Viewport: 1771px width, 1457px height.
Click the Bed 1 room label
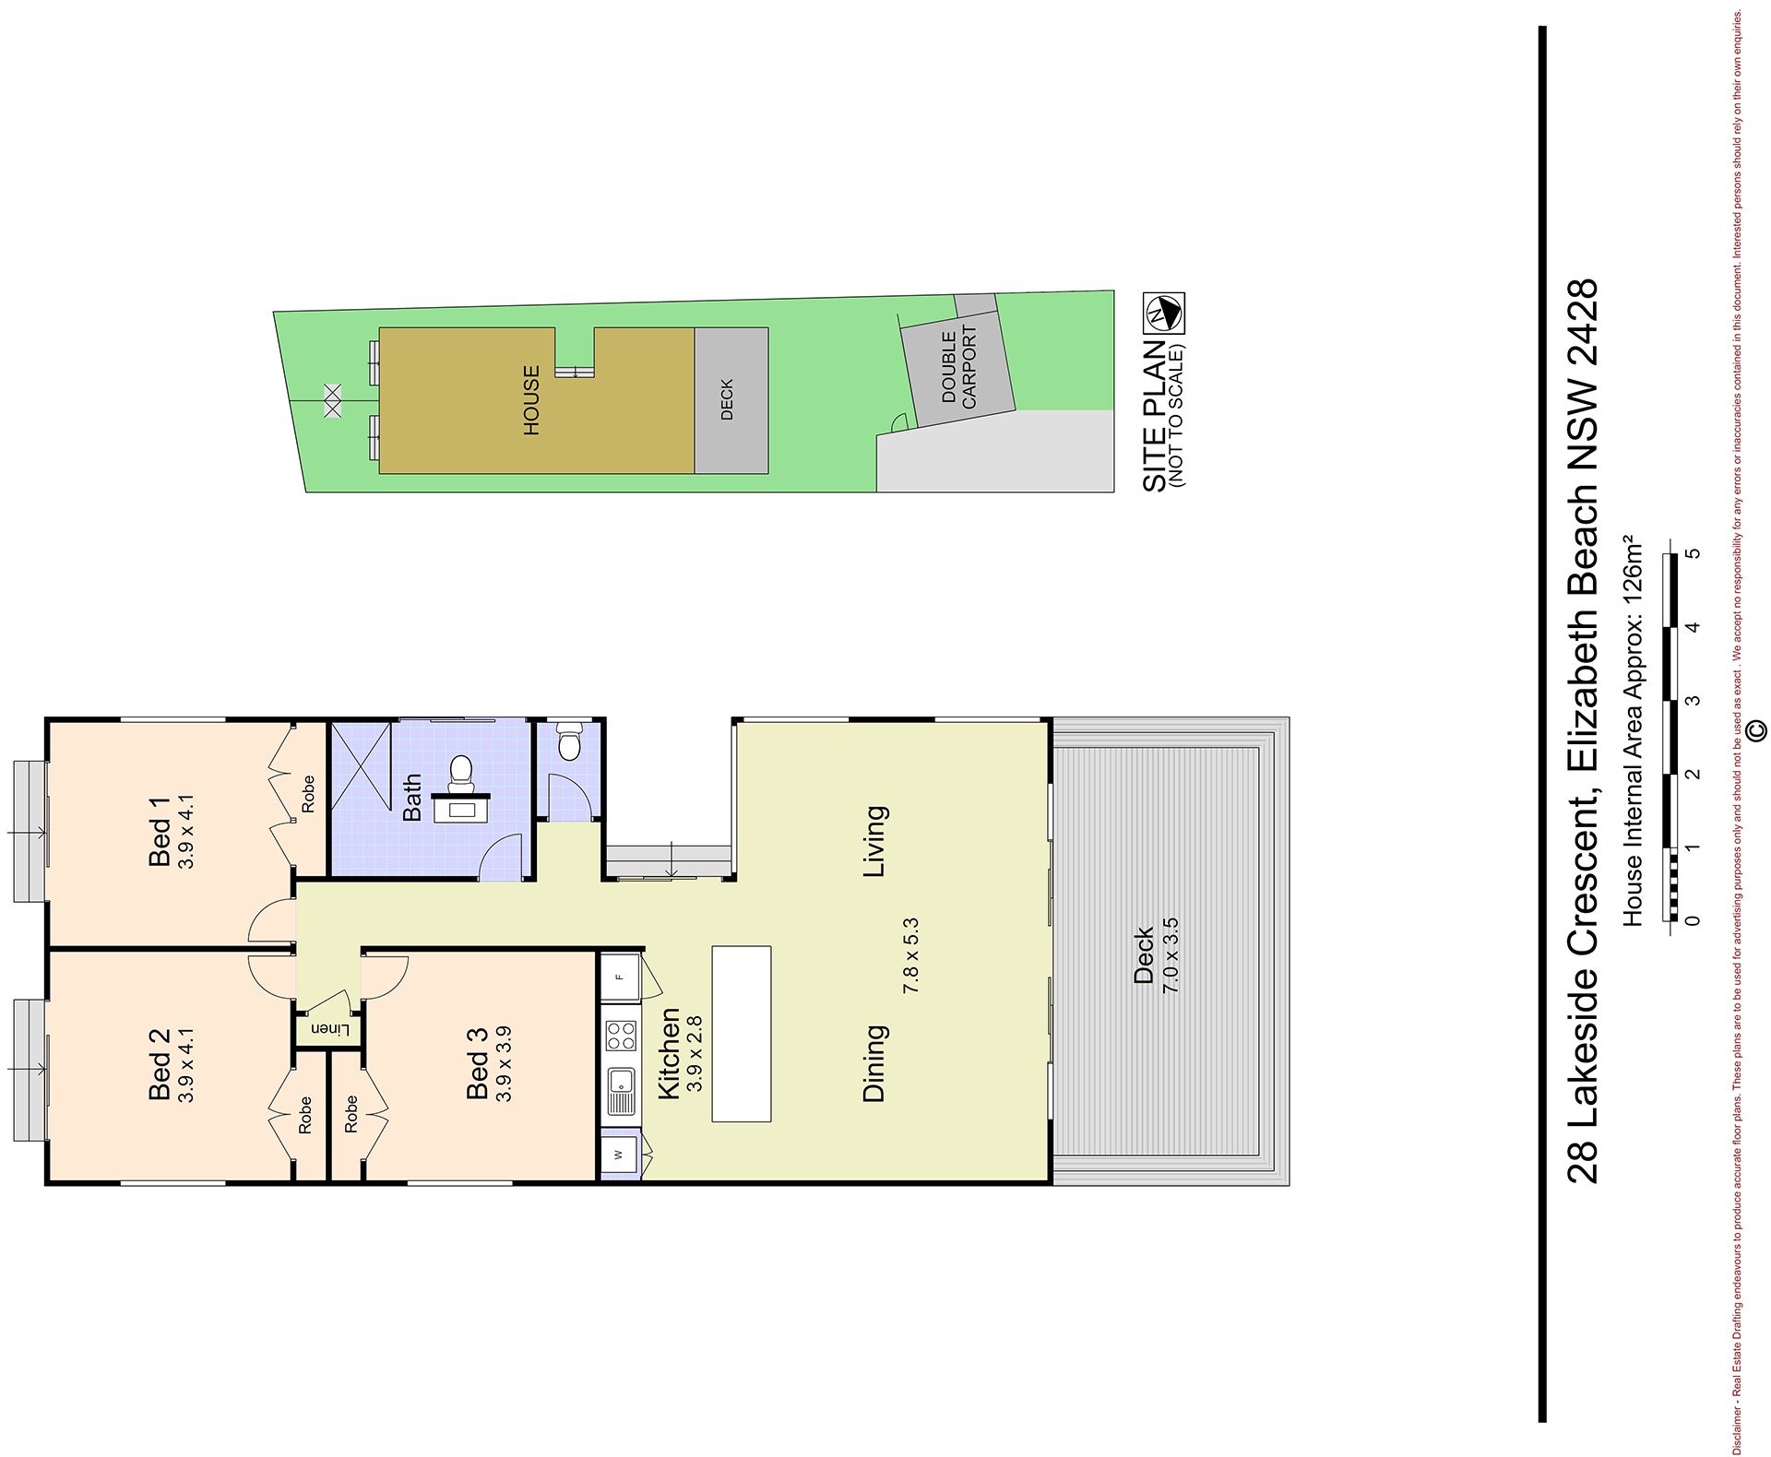[x=160, y=830]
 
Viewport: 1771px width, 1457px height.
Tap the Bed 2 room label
[x=160, y=1064]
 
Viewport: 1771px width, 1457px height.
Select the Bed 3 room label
[x=478, y=1063]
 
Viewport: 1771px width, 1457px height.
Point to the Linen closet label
[x=329, y=1028]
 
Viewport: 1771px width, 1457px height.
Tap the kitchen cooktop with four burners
[x=622, y=1034]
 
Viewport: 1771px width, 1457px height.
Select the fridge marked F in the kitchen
[x=620, y=976]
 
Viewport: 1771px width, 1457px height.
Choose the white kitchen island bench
[x=742, y=1034]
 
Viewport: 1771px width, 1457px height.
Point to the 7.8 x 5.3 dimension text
[x=912, y=954]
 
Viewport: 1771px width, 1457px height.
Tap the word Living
[x=874, y=841]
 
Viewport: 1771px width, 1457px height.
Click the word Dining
[x=874, y=1062]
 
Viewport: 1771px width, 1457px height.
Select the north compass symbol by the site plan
[x=1164, y=313]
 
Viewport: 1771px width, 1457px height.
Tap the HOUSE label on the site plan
[x=531, y=401]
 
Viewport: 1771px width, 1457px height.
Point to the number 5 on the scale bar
[x=1691, y=553]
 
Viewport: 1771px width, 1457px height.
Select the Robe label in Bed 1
[x=308, y=794]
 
